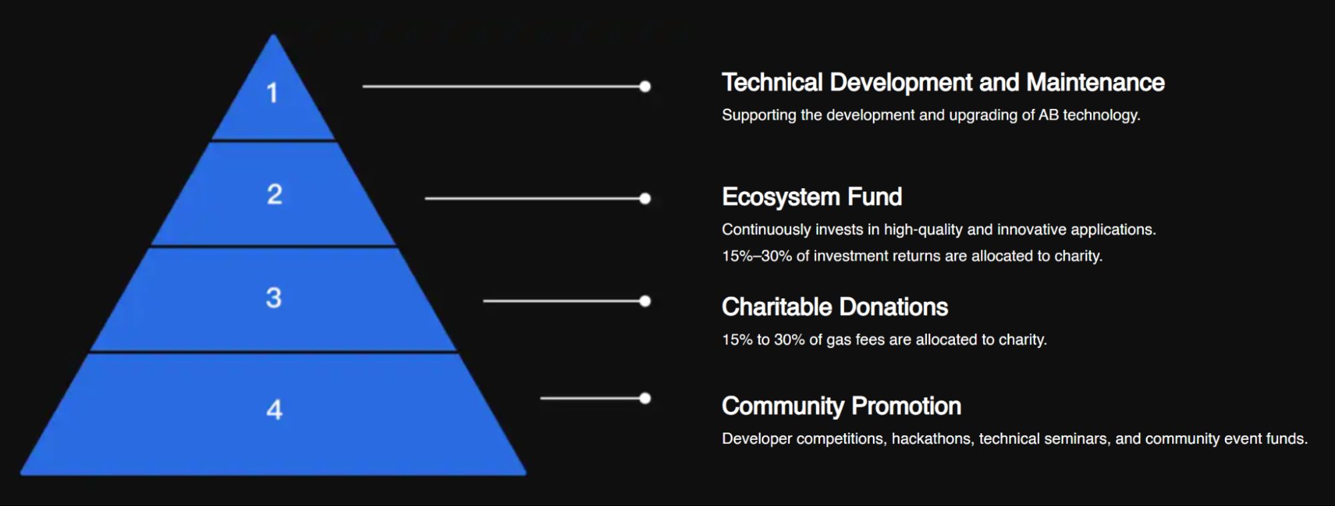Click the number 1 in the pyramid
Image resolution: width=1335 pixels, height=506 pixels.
(272, 93)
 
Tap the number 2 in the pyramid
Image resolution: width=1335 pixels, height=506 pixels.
(274, 194)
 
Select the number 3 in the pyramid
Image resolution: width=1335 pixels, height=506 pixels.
(274, 298)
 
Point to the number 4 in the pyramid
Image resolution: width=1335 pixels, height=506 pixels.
(274, 409)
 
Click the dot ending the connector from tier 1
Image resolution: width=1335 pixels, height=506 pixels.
(645, 86)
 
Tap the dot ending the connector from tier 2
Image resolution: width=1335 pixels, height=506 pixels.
(645, 198)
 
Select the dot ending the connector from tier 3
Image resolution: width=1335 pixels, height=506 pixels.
(645, 301)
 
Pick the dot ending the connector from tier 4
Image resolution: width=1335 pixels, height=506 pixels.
(645, 399)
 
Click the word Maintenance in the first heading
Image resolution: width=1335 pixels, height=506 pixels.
(1095, 82)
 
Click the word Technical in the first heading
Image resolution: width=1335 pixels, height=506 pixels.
(772, 82)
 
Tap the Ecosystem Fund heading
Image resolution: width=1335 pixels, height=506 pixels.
(812, 197)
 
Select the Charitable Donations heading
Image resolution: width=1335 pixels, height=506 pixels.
(835, 307)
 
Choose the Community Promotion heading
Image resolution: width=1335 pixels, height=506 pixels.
(841, 406)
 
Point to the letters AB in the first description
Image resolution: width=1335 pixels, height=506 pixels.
(1048, 115)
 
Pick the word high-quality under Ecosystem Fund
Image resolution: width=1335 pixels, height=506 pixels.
(924, 230)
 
